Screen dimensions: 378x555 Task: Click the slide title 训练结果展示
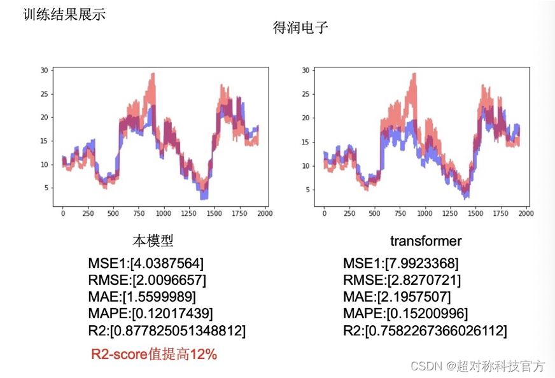[x=64, y=14]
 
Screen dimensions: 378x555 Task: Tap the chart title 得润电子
[x=300, y=28]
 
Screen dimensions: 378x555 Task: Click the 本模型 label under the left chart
[x=153, y=241]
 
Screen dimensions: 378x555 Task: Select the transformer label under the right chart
[x=426, y=241]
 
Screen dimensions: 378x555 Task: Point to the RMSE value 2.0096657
[x=170, y=280]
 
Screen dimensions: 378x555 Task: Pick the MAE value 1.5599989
[x=162, y=297]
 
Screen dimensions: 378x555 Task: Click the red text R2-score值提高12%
[x=154, y=354]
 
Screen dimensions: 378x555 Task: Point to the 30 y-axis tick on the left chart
[x=45, y=70]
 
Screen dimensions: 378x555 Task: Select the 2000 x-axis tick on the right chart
[x=526, y=213]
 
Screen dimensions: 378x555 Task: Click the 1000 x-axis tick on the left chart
[x=164, y=213]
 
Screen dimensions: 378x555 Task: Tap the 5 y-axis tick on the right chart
[x=307, y=190]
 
